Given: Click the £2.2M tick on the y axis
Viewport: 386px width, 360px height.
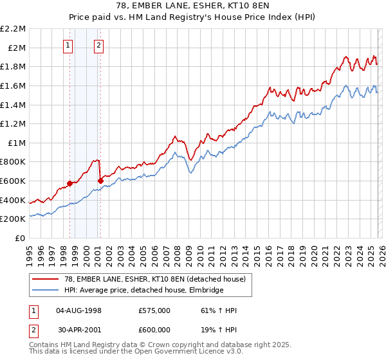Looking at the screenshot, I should (x=13, y=29).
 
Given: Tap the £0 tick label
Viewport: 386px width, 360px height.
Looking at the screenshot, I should (x=21, y=239).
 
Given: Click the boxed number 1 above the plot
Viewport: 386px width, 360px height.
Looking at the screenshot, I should (x=69, y=45).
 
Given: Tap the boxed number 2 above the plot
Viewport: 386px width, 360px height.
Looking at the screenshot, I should (x=99, y=45).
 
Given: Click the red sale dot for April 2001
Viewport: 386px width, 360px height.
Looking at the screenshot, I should (x=100, y=181).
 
